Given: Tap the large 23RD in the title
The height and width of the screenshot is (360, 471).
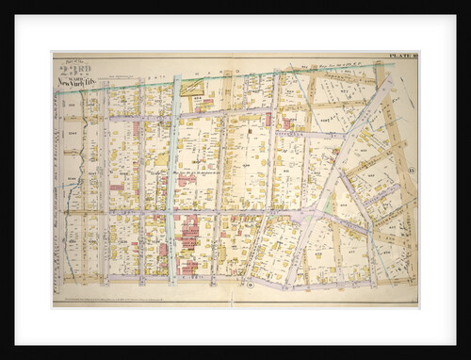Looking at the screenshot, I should (x=73, y=68).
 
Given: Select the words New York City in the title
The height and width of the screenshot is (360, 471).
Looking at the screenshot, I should (x=76, y=83).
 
